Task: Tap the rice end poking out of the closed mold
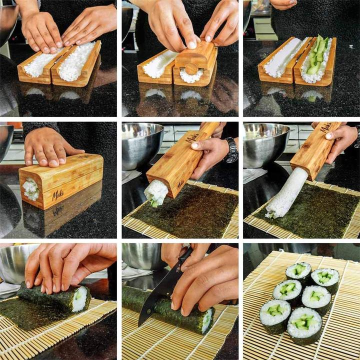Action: tap(30, 188)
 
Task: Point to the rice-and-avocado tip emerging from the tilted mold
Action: tap(156, 193)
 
